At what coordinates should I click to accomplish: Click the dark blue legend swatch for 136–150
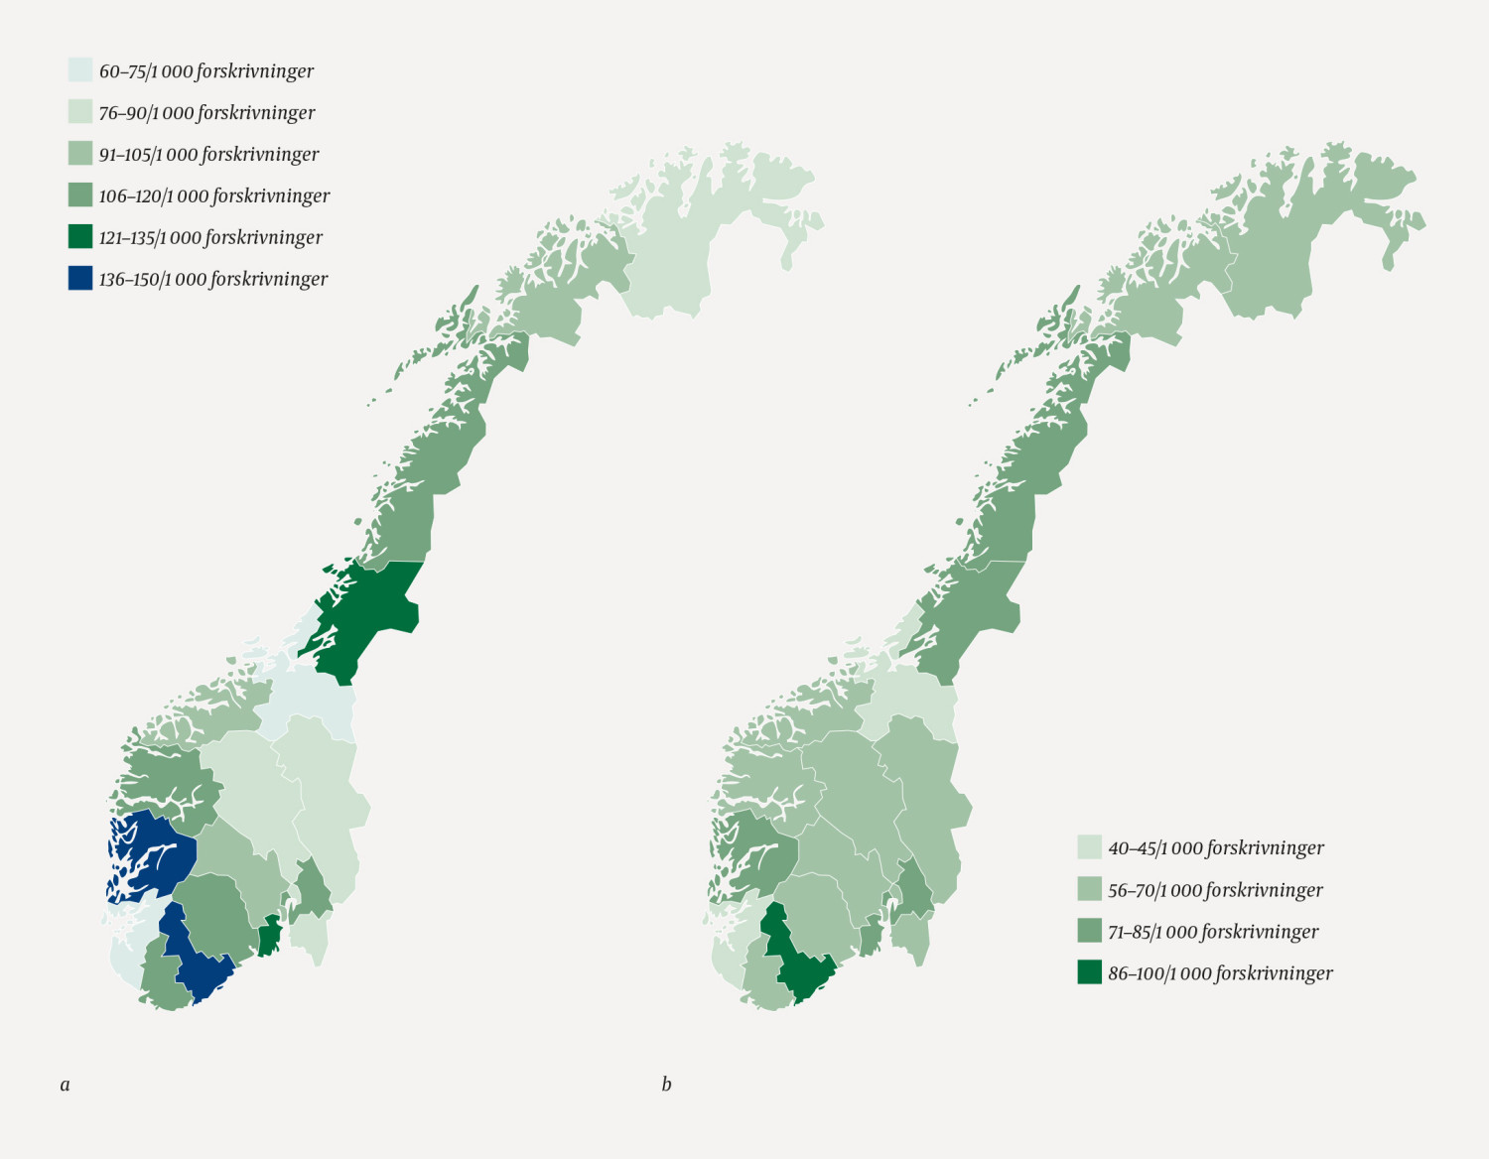tap(80, 279)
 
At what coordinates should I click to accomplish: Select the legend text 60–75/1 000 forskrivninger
tap(206, 71)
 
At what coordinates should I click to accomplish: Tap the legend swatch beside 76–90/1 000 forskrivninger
tap(80, 112)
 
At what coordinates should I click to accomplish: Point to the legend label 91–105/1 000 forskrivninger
tap(208, 155)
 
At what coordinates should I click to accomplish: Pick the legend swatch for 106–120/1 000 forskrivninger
tap(80, 195)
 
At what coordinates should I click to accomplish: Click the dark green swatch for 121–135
tap(80, 237)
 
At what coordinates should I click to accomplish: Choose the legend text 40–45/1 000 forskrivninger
tap(1216, 848)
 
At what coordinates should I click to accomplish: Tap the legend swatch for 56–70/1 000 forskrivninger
tap(1090, 889)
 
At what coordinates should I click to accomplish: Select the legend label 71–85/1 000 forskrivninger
tap(1213, 932)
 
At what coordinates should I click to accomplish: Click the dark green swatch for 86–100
tap(1090, 972)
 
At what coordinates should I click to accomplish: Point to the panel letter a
tap(66, 1085)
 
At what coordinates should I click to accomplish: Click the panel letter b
tap(666, 1085)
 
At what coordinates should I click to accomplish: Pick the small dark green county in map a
tap(269, 936)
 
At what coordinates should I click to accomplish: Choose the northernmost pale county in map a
tap(685, 238)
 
